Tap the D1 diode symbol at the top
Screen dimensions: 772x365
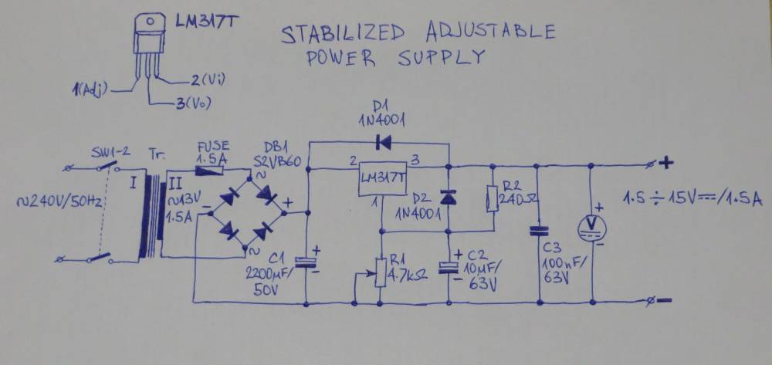click(383, 143)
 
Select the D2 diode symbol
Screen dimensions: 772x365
click(449, 198)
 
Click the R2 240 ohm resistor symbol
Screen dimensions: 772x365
click(493, 199)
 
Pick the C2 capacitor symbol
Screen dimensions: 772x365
click(449, 267)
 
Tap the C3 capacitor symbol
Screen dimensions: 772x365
click(539, 231)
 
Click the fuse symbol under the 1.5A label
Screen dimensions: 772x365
click(210, 171)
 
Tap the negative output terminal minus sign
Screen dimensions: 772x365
click(664, 300)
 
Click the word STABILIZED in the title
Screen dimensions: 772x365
click(343, 34)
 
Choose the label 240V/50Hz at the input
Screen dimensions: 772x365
click(59, 201)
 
